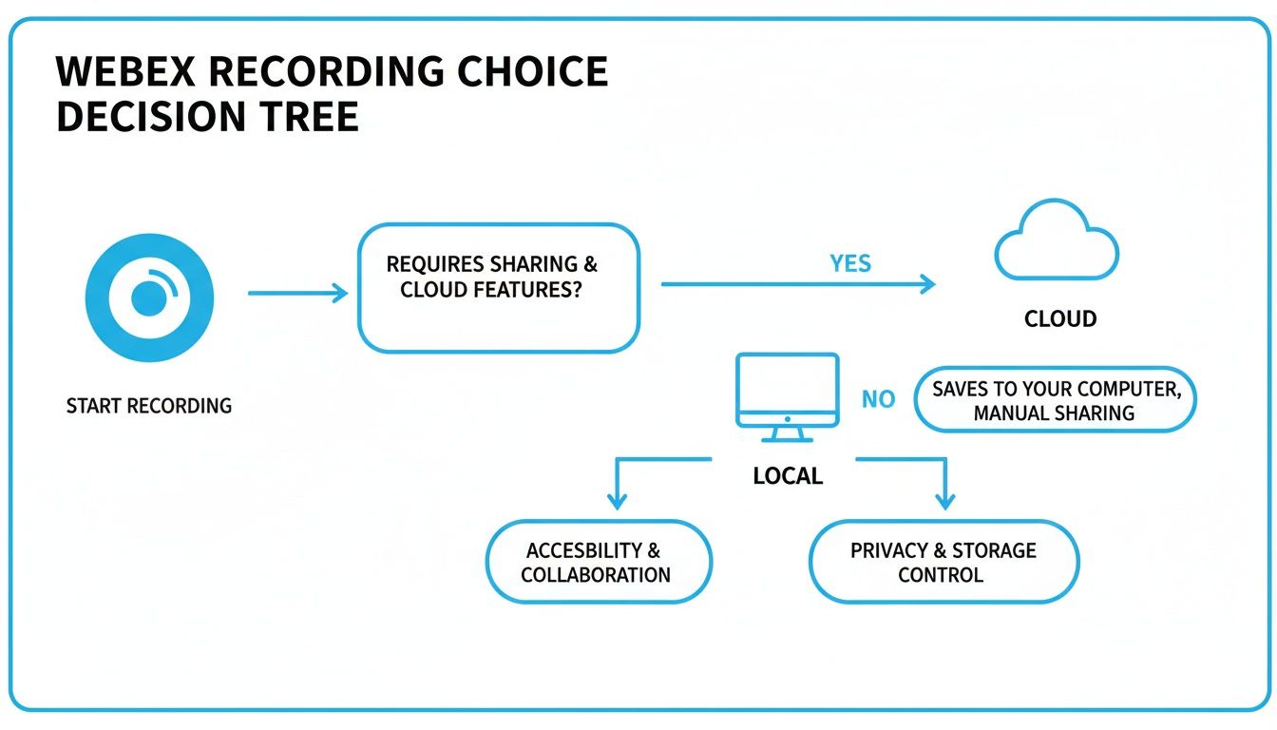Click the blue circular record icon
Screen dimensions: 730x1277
(x=149, y=298)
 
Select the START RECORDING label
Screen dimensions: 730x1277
(x=149, y=406)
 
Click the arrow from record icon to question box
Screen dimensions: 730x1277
(x=297, y=294)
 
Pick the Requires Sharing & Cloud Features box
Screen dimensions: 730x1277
(x=498, y=287)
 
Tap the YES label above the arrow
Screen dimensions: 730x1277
(x=849, y=263)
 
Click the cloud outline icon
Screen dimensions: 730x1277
(x=1057, y=242)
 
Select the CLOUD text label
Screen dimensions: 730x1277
(x=1060, y=319)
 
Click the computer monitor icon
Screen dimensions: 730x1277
(x=787, y=395)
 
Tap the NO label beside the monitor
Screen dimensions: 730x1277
(x=878, y=399)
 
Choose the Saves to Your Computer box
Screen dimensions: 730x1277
(x=1055, y=400)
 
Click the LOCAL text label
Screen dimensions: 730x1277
(x=788, y=476)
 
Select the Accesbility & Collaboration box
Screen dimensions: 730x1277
(x=598, y=562)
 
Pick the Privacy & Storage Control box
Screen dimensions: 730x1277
(x=943, y=562)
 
